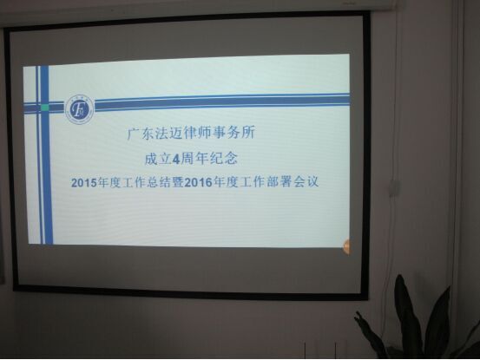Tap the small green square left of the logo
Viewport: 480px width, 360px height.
tap(45, 108)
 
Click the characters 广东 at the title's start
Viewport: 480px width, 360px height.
tap(137, 135)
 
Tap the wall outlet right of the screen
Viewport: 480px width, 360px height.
tap(395, 187)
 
